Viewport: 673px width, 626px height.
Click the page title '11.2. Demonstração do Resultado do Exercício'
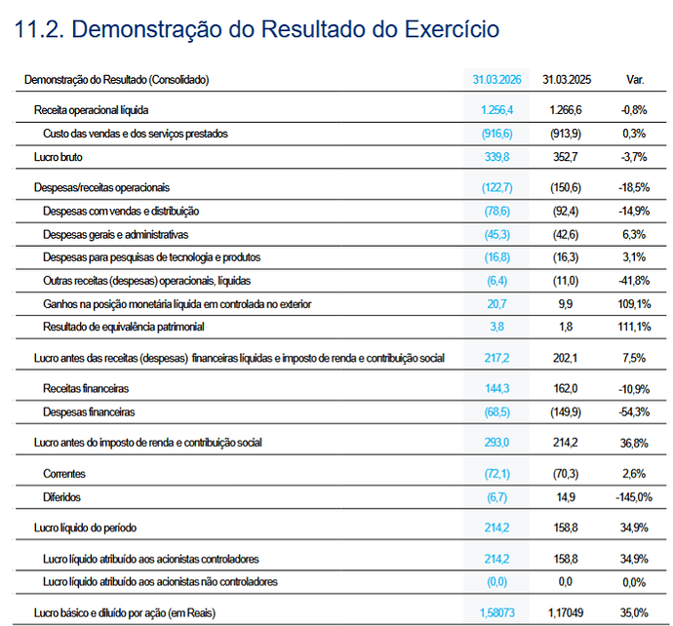coord(257,30)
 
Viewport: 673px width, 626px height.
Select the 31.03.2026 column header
coord(496,80)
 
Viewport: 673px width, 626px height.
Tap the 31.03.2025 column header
coord(567,80)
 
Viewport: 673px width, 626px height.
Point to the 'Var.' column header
coord(635,80)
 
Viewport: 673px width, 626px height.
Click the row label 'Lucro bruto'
coord(58,157)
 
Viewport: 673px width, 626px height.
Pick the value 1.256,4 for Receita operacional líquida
coord(496,110)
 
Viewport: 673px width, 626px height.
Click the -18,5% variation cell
coord(634,187)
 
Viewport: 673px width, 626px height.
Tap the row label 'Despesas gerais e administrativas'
coord(115,235)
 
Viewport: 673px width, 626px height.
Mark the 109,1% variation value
coord(634,304)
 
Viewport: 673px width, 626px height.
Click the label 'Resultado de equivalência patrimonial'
coord(124,327)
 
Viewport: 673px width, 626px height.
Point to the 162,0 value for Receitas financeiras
coord(566,389)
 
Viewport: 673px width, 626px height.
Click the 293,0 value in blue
coord(496,443)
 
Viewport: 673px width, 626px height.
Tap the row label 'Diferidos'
coord(61,497)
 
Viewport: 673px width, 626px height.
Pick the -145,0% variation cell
coord(634,497)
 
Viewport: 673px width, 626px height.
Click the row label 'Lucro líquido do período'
coord(85,528)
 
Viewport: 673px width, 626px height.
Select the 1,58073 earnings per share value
coord(497,612)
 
